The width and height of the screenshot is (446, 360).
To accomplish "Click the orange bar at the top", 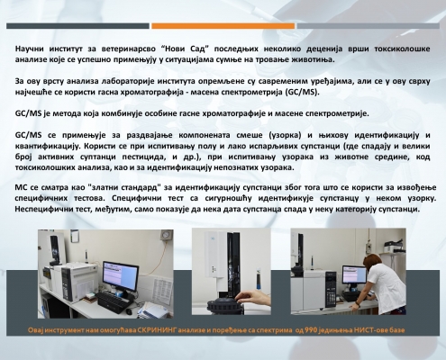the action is [223, 26].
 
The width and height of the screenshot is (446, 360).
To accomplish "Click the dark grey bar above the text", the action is [77, 26].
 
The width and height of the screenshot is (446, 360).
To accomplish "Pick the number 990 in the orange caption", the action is [311, 330].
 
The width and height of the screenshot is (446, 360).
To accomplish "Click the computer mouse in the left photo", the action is [129, 311].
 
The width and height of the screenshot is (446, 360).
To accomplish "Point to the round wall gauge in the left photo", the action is [164, 233].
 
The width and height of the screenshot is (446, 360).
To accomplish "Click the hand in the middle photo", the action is [252, 297].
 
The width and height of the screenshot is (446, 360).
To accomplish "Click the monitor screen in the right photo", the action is [354, 274].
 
